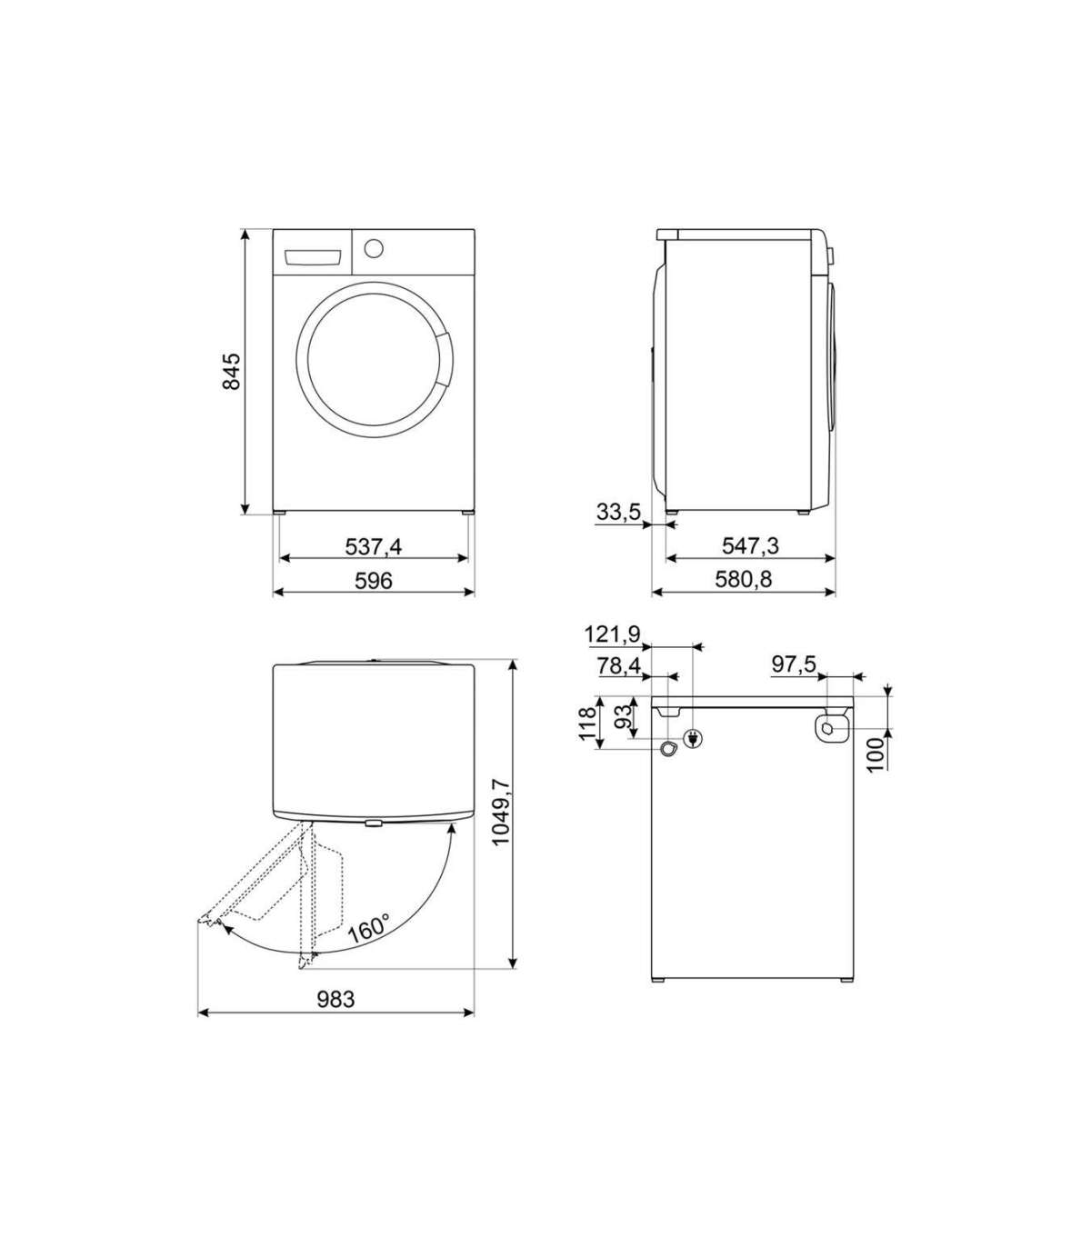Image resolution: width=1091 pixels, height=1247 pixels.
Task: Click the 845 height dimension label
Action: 232,372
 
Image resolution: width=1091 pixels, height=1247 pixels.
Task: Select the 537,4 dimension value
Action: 374,547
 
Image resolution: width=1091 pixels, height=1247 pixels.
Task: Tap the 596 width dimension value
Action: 374,581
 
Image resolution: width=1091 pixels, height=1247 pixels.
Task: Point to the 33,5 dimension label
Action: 618,512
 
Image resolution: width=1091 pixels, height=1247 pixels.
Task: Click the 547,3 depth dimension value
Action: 750,545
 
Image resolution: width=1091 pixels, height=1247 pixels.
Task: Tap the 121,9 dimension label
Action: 613,634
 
